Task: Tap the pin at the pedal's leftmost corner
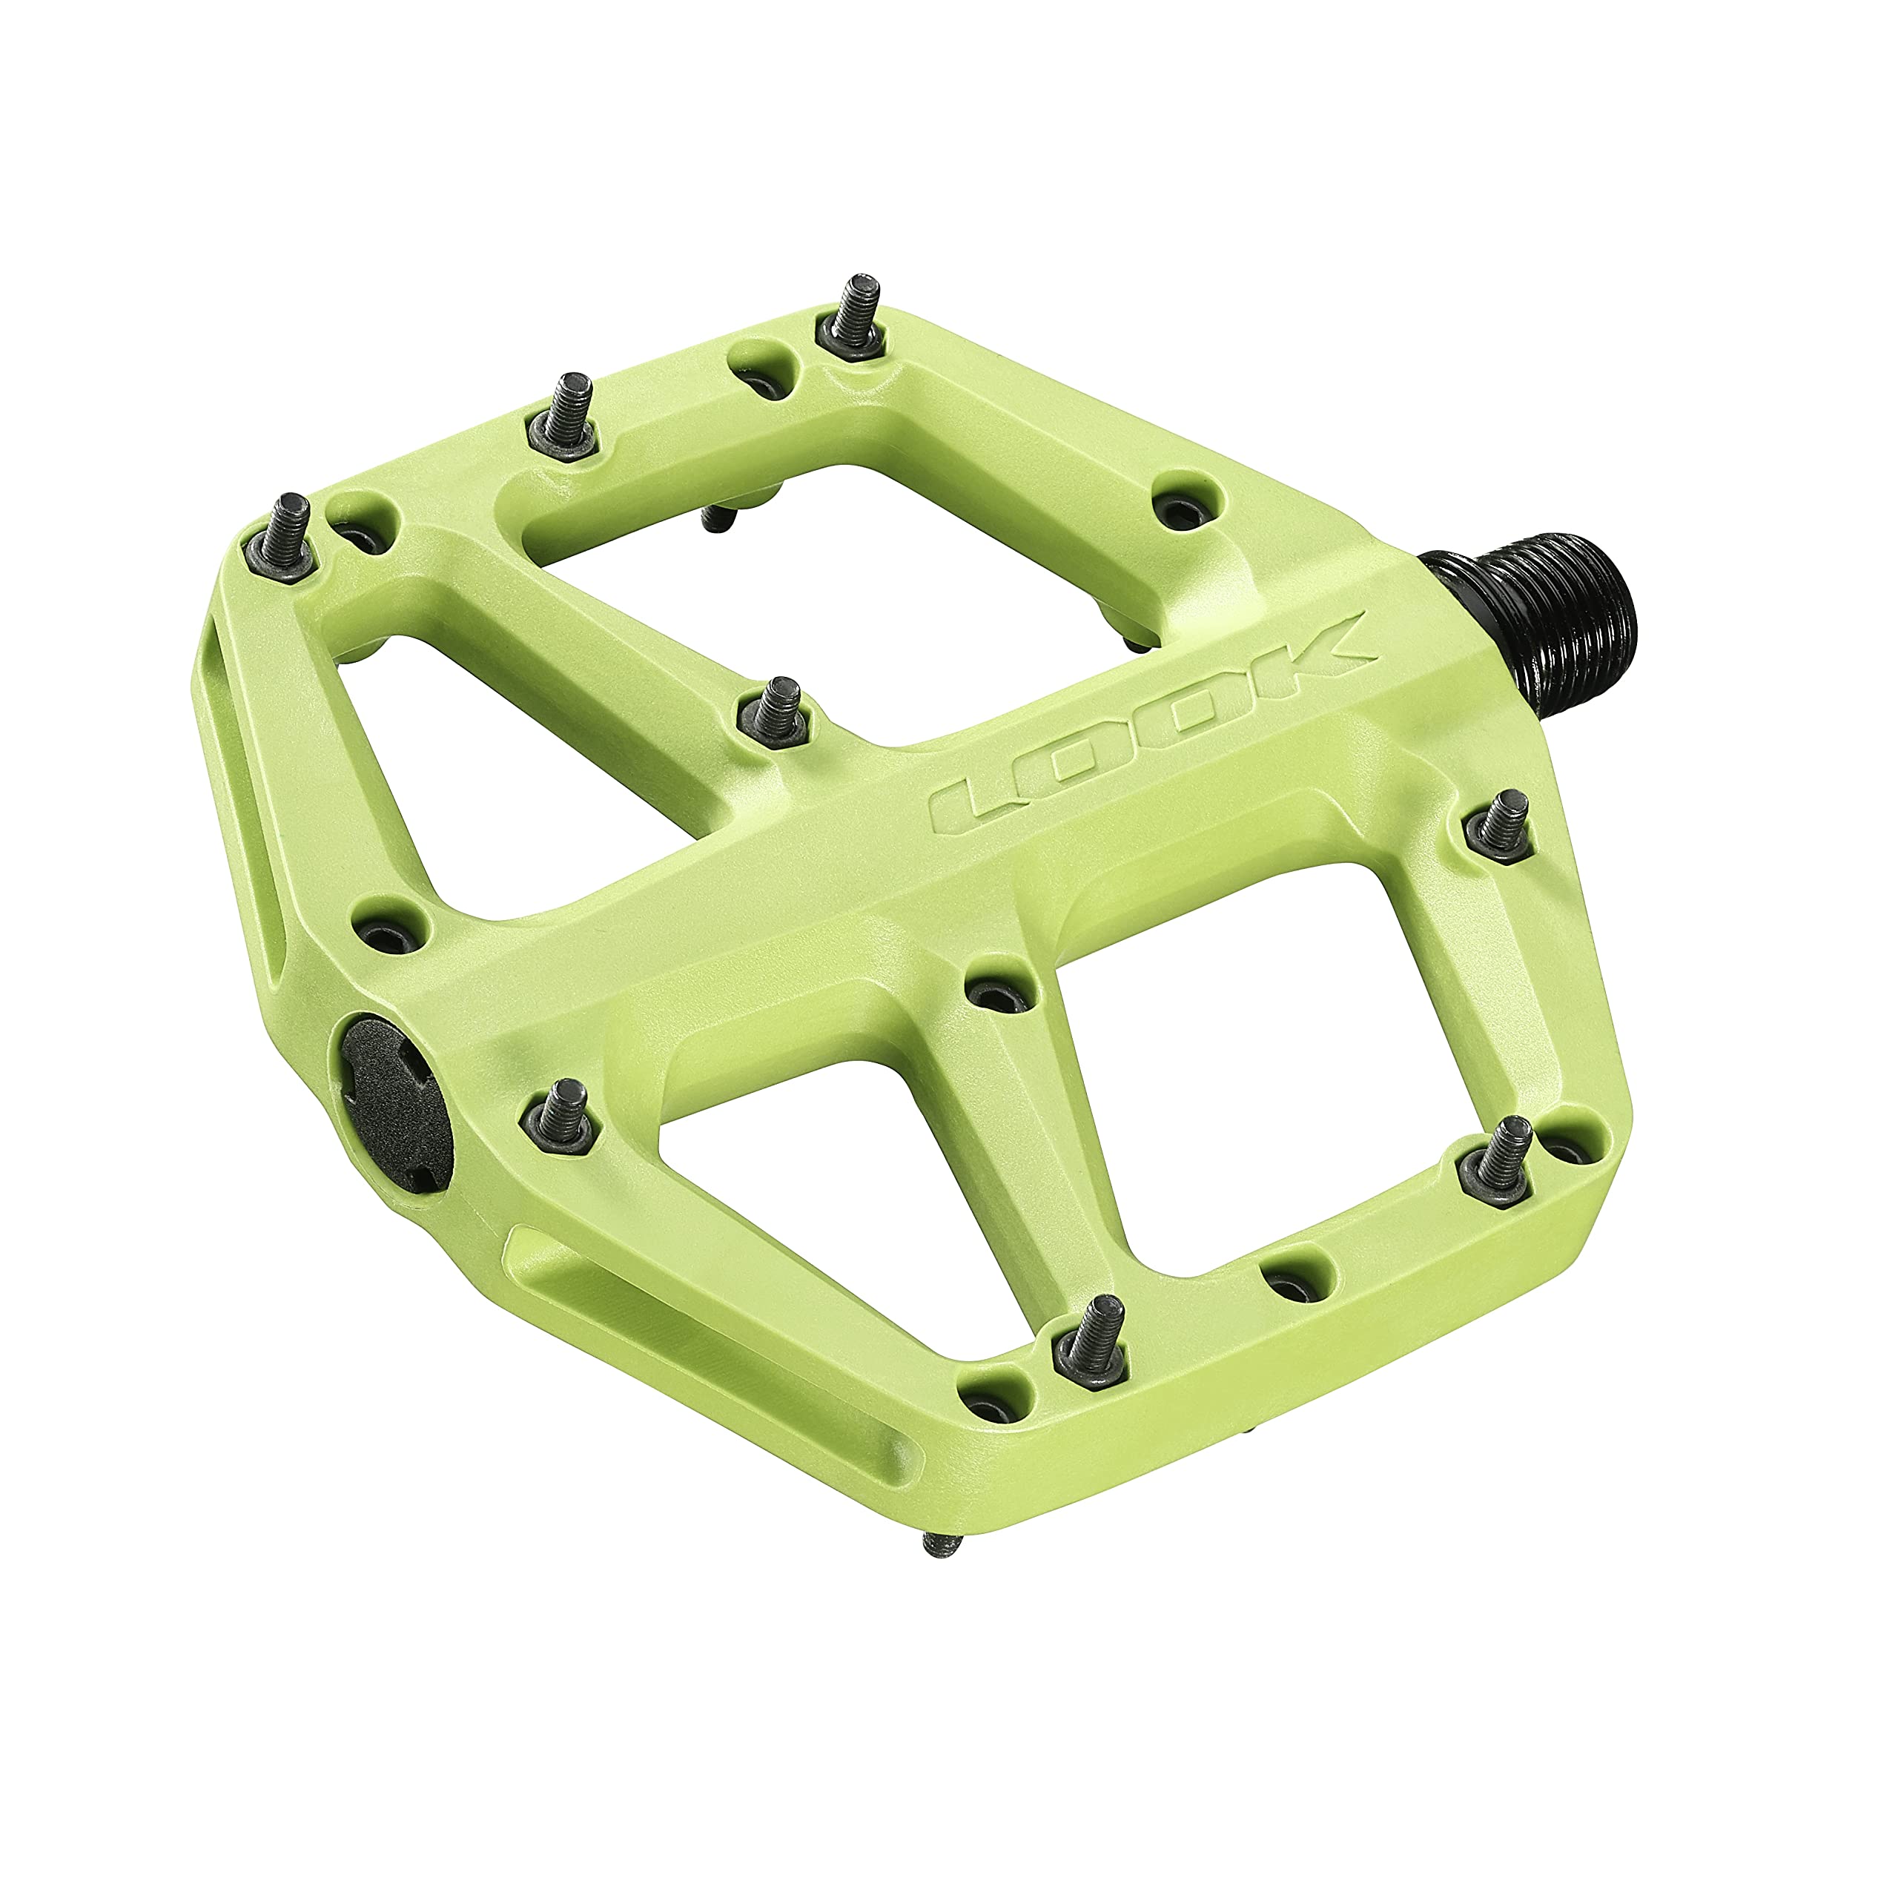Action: pos(291,535)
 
